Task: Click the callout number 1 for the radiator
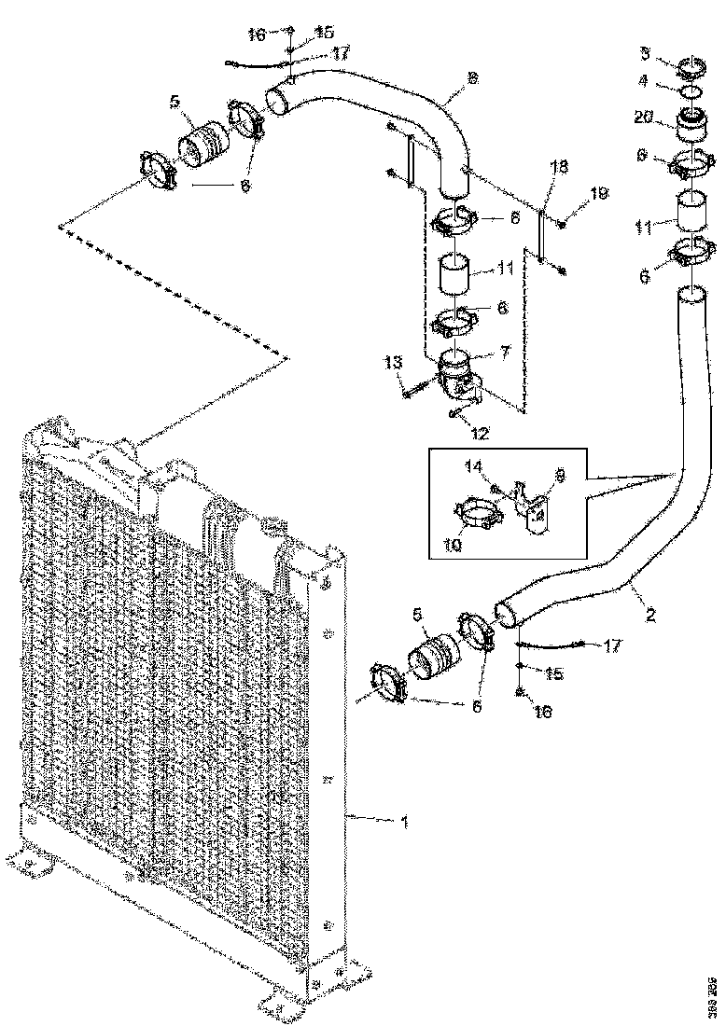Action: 404,821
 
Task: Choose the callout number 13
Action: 392,360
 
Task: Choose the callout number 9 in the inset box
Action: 561,475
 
